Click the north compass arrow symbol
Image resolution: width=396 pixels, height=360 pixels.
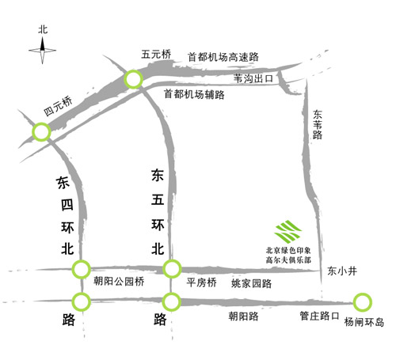(x=43, y=50)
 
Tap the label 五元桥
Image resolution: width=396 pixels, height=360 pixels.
(x=156, y=55)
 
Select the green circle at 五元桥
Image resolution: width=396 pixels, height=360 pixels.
(x=134, y=79)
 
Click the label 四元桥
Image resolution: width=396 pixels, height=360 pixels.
(x=58, y=106)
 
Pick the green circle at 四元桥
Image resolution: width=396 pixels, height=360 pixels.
(x=41, y=132)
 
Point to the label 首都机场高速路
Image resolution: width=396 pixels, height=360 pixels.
(x=223, y=57)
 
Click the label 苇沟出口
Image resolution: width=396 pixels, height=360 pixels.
(x=253, y=78)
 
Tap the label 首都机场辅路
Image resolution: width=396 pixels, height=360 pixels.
(x=194, y=94)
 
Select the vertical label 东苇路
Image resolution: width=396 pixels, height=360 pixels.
(x=318, y=124)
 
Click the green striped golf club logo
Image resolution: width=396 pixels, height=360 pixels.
(x=288, y=232)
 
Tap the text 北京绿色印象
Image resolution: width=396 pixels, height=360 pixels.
(x=288, y=250)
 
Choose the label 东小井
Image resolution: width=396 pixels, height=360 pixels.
(x=342, y=271)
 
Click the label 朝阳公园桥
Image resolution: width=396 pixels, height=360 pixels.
(x=119, y=282)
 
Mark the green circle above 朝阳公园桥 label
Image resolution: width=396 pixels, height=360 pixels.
(x=82, y=269)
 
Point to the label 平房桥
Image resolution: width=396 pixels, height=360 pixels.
(x=201, y=282)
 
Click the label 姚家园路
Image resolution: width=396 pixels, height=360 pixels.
(x=251, y=283)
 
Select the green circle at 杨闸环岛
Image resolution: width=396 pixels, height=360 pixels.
(x=363, y=302)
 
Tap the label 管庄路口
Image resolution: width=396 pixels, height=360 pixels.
(x=319, y=316)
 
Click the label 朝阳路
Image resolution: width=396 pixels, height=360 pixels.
(x=243, y=316)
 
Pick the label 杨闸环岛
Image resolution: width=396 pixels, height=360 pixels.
(x=364, y=322)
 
